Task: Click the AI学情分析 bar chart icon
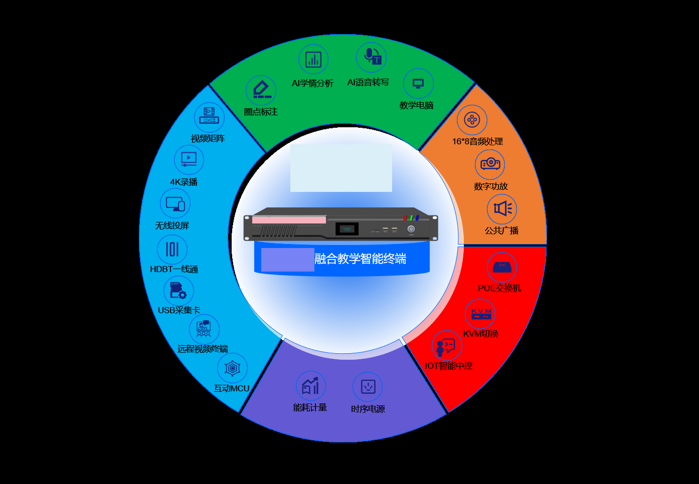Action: click(x=313, y=59)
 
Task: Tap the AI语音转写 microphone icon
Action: click(x=372, y=58)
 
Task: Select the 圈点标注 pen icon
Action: click(x=261, y=90)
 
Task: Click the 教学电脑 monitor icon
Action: click(x=418, y=83)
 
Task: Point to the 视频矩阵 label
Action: click(x=208, y=138)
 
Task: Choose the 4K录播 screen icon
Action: click(x=189, y=160)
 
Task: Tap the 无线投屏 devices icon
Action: click(x=175, y=203)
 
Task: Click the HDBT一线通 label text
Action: click(x=174, y=269)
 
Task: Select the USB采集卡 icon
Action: click(x=179, y=291)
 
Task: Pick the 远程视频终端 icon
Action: click(x=204, y=329)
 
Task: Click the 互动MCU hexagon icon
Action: click(x=233, y=368)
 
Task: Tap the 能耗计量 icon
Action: click(x=311, y=386)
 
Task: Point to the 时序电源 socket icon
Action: click(x=368, y=387)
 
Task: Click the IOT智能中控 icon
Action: click(x=447, y=346)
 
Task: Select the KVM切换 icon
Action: click(x=480, y=314)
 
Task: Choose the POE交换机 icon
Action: click(x=502, y=267)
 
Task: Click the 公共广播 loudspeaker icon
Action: click(x=502, y=208)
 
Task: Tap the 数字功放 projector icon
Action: click(x=490, y=164)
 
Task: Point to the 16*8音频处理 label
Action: click(x=477, y=142)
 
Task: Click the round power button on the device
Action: click(x=411, y=229)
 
